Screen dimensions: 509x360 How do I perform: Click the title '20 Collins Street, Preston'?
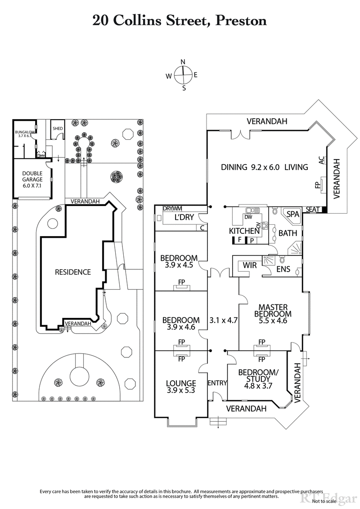180,20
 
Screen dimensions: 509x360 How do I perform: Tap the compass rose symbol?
183,75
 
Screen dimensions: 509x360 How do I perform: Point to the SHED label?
58,128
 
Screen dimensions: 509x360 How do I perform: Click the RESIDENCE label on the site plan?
72,272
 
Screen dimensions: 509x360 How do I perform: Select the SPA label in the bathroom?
293,214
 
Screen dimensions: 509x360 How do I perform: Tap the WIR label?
249,265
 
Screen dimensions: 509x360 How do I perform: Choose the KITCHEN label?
244,231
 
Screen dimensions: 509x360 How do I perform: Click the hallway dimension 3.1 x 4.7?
223,321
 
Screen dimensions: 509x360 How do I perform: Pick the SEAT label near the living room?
312,210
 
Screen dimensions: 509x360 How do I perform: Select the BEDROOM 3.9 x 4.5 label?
179,261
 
